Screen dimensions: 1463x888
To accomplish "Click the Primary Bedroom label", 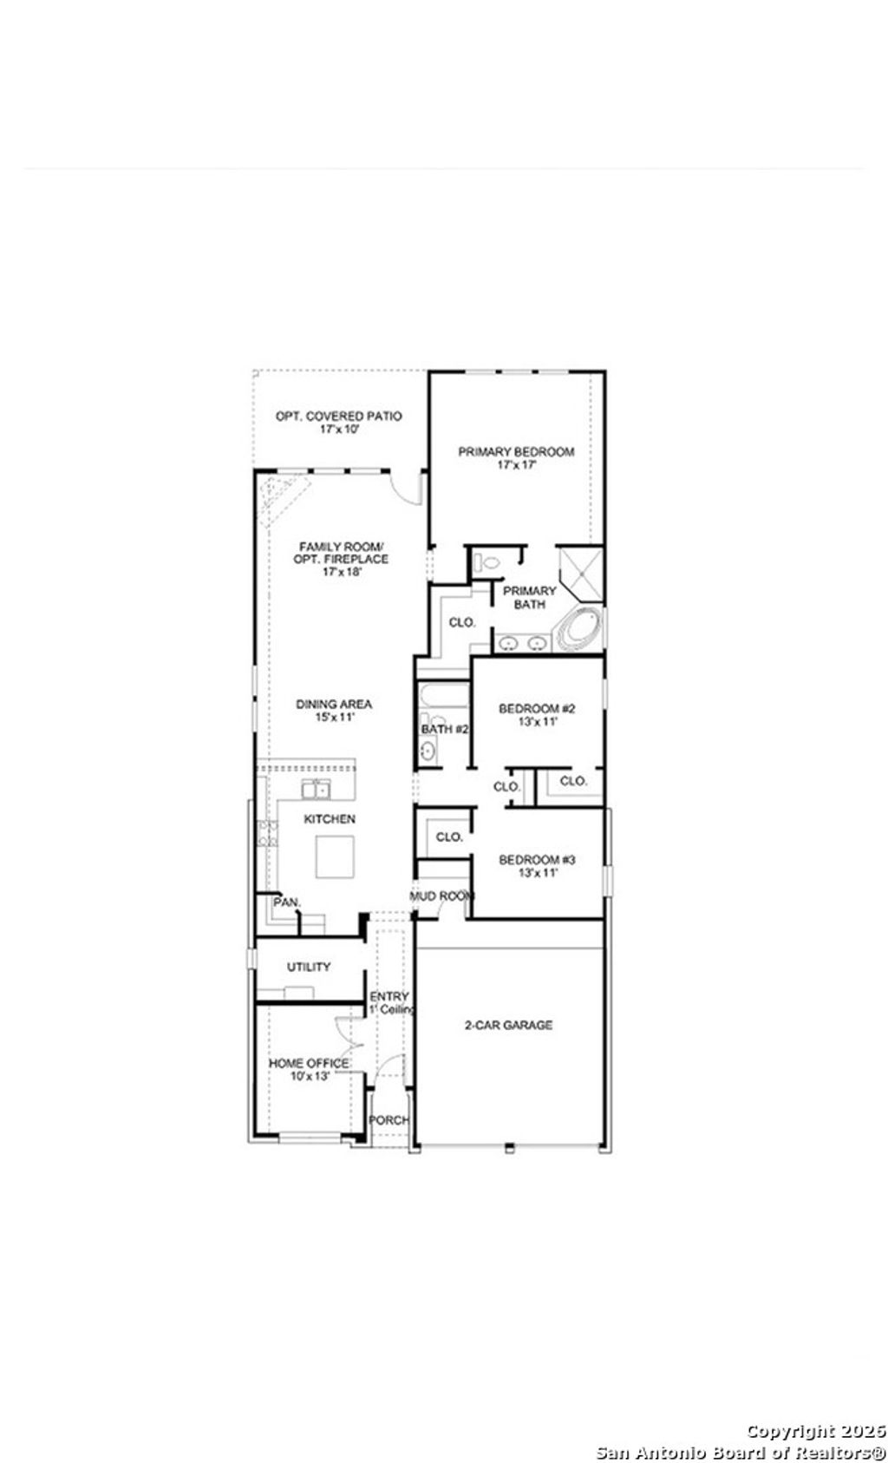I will [x=516, y=452].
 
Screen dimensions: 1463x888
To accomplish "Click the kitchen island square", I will [x=335, y=856].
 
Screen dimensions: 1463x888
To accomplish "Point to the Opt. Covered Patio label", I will [x=338, y=417].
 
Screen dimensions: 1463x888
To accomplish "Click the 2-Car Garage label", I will [x=508, y=1025].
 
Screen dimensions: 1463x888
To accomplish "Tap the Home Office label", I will [x=309, y=1063].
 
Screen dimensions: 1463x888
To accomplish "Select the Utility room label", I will [x=309, y=967].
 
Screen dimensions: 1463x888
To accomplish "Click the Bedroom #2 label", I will [x=537, y=709].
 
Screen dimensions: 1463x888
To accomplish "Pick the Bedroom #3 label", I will [x=537, y=860].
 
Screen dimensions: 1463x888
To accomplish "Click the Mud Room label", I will [x=442, y=896].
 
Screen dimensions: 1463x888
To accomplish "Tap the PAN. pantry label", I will [x=287, y=902].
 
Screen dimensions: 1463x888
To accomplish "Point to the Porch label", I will [x=388, y=1120].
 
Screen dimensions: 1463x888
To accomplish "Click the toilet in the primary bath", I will [x=491, y=562].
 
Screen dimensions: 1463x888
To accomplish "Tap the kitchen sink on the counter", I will [x=317, y=789].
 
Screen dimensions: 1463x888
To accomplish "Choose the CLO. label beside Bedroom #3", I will [x=449, y=837].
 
